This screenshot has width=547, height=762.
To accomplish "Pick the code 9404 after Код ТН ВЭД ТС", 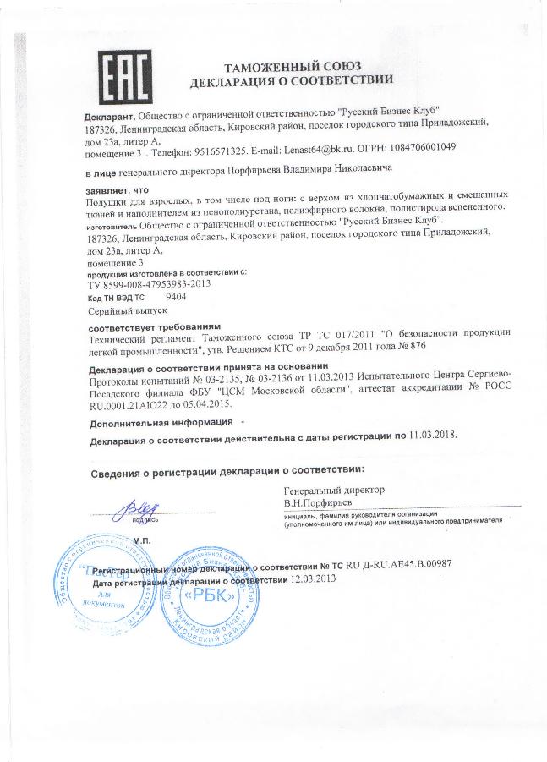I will tap(177, 299).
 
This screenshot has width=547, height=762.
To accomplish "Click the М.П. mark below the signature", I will tap(118, 540).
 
